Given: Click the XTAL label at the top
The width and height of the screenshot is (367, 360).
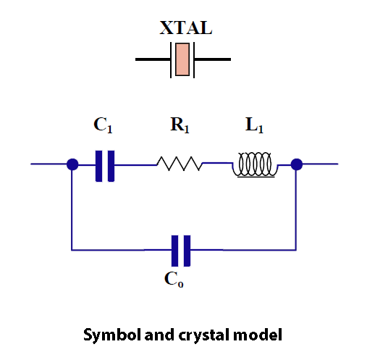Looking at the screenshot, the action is pyautogui.click(x=186, y=28).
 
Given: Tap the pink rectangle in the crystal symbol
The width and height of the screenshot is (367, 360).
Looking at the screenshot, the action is pyautogui.click(x=182, y=59).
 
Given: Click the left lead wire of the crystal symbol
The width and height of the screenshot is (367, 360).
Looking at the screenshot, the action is pyautogui.click(x=153, y=59).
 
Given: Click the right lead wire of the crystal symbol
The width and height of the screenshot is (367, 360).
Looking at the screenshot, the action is pyautogui.click(x=213, y=59).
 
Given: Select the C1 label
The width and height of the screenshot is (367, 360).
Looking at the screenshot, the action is pyautogui.click(x=103, y=125).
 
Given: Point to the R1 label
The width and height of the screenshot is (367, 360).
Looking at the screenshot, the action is pyautogui.click(x=180, y=125).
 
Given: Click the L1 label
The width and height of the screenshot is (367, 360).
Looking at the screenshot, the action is pyautogui.click(x=254, y=125).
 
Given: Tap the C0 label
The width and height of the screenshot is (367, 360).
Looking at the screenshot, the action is pyautogui.click(x=174, y=280).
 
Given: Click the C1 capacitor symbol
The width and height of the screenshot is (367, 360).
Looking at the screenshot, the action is pyautogui.click(x=105, y=166).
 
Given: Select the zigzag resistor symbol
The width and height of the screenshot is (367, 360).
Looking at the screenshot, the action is pyautogui.click(x=180, y=164).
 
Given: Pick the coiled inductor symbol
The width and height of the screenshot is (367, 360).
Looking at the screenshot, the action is pyautogui.click(x=255, y=164).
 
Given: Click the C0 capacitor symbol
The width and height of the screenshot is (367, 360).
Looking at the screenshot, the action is pyautogui.click(x=181, y=251).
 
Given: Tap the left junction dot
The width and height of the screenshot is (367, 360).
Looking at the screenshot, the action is pyautogui.click(x=72, y=164).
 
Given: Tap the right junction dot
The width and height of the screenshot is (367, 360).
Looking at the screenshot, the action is pyautogui.click(x=297, y=164).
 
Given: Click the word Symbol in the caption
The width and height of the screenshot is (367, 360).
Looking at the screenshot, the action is pyautogui.click(x=111, y=335).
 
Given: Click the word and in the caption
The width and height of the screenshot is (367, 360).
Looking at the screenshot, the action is pyautogui.click(x=159, y=335).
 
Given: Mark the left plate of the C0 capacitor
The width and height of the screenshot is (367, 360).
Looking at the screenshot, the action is pyautogui.click(x=174, y=251).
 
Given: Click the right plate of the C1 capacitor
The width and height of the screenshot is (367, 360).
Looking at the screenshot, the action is pyautogui.click(x=111, y=166).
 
